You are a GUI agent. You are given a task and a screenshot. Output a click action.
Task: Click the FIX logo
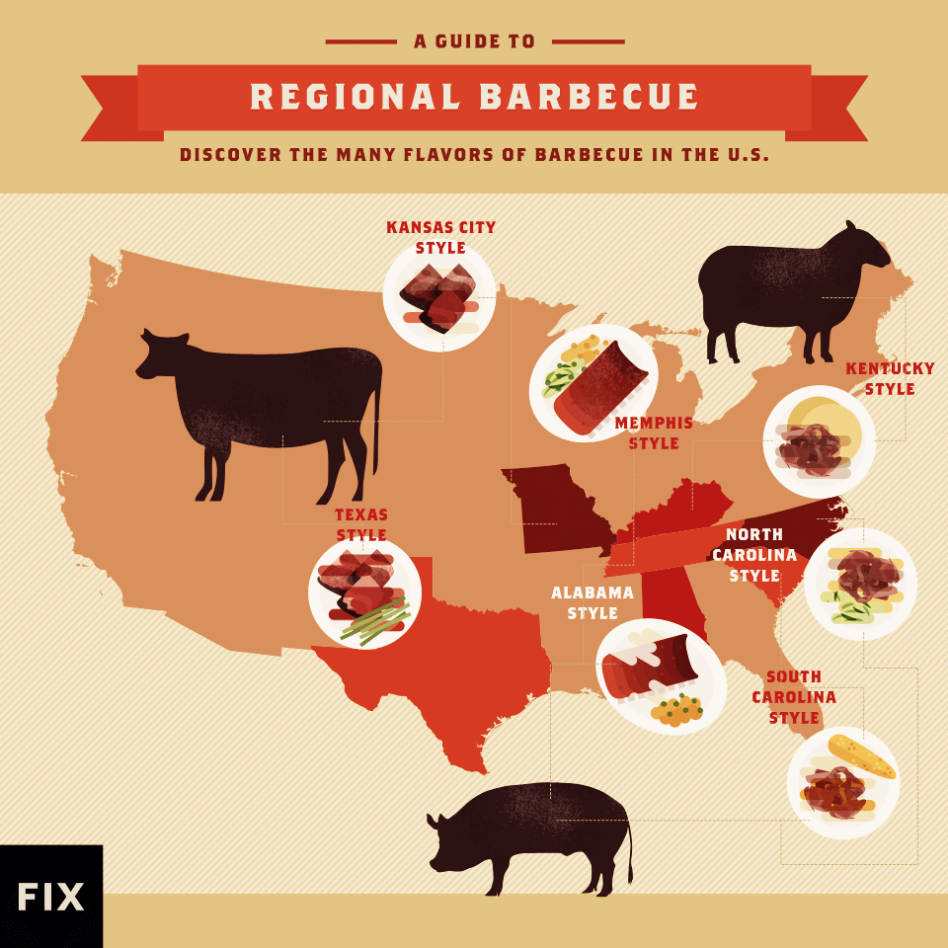pyautogui.click(x=50, y=896)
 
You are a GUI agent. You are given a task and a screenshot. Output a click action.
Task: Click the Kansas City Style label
pyautogui.click(x=440, y=237)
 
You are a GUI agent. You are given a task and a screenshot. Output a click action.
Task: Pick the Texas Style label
pyautogui.click(x=361, y=525)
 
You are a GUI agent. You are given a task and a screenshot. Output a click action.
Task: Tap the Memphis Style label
pyautogui.click(x=654, y=434)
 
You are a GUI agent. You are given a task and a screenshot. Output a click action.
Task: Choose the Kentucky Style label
pyautogui.click(x=890, y=378)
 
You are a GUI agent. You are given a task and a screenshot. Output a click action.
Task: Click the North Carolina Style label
pyautogui.click(x=754, y=555)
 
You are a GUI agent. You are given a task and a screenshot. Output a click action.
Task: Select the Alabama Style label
pyautogui.click(x=592, y=602)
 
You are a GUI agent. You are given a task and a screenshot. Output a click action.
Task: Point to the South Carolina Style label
pyautogui.click(x=794, y=697)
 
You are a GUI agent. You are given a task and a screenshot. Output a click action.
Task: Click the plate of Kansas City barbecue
pyautogui.click(x=439, y=296)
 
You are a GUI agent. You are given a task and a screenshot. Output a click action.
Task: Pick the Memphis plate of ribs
pyautogui.click(x=593, y=383)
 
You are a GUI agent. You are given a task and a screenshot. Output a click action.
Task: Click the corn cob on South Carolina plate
pyautogui.click(x=861, y=756)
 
